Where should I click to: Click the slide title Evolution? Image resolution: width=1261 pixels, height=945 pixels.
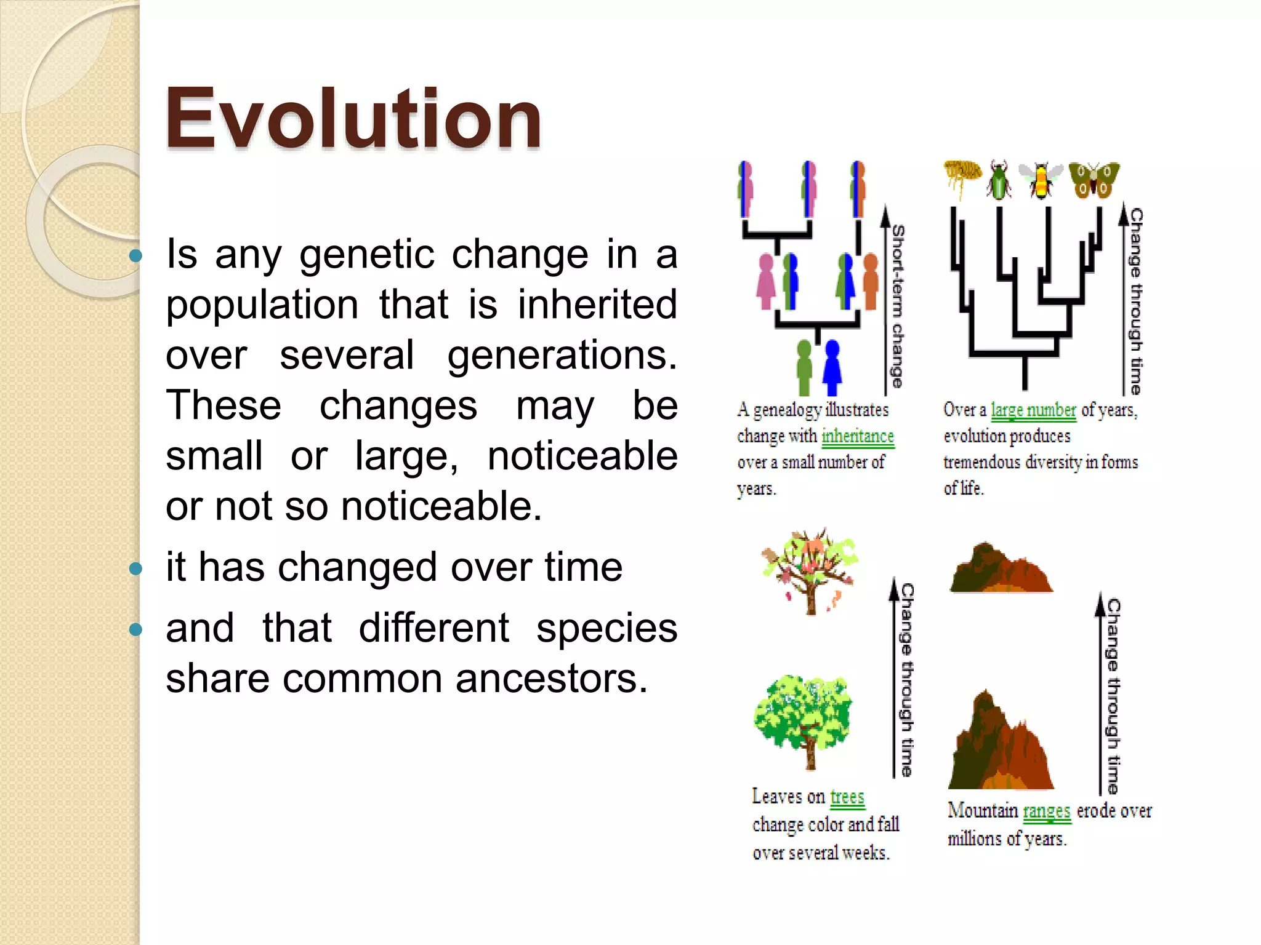[x=353, y=118]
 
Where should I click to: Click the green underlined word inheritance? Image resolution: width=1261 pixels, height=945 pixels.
[x=857, y=436]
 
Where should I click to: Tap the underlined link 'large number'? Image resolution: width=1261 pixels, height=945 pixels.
[x=1033, y=410]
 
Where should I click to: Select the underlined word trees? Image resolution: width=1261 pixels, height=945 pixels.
[x=847, y=797]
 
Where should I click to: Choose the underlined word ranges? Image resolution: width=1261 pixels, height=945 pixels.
[x=1046, y=811]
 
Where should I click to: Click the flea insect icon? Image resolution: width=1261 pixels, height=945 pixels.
[x=963, y=176]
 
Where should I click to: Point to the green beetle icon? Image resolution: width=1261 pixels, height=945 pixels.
[x=999, y=180]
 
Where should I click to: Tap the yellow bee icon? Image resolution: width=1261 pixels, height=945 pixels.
[x=1041, y=180]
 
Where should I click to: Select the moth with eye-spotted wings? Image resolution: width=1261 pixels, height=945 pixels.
[x=1094, y=180]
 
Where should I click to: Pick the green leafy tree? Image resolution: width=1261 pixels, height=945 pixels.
[x=804, y=720]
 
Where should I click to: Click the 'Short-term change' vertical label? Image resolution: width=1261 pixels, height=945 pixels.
[x=898, y=306]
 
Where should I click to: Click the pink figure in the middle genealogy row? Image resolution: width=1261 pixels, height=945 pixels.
[x=766, y=282]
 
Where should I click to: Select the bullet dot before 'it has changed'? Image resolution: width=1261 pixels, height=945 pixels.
[x=136, y=568]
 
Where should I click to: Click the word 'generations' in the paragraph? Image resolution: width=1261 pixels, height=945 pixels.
[x=561, y=355]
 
